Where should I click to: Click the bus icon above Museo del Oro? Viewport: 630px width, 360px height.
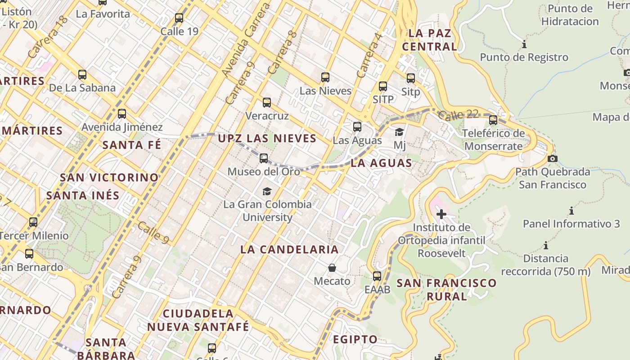coord(264,158)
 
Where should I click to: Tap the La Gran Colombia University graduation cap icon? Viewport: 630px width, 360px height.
coord(267,191)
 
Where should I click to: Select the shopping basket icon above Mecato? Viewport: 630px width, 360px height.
coord(332,268)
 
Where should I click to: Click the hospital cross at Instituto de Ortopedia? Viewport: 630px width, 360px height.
coord(441,214)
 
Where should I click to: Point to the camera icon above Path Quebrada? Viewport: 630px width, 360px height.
coord(553,158)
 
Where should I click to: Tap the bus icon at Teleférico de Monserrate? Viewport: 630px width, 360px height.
coord(493,120)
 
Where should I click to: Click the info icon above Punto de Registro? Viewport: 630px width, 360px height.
coord(524,45)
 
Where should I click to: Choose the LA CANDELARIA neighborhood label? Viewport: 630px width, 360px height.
coord(289,249)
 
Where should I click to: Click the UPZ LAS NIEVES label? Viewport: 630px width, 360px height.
coord(267,138)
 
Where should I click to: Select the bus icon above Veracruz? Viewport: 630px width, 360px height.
coord(267,103)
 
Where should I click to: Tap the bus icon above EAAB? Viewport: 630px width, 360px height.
coord(377,276)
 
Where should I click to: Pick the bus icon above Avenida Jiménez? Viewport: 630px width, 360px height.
coord(122,114)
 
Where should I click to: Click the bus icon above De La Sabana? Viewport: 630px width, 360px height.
coord(82,75)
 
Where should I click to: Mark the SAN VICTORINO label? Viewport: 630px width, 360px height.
coord(109,177)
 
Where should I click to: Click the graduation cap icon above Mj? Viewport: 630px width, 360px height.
coord(399,132)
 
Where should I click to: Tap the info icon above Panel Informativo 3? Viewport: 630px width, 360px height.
coord(571,211)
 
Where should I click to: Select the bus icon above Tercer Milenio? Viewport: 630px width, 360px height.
coord(33,222)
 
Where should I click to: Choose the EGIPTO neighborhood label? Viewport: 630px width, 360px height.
coord(355,339)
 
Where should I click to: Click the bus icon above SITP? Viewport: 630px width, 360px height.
coord(383,86)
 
